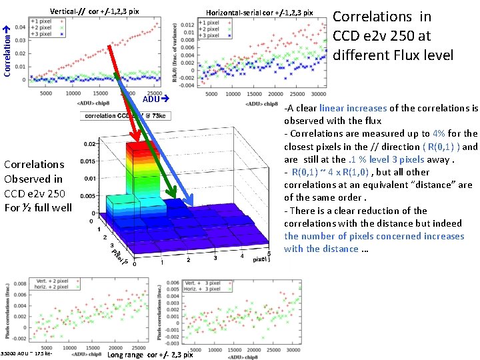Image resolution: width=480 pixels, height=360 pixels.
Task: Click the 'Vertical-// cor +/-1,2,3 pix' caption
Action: (95, 11)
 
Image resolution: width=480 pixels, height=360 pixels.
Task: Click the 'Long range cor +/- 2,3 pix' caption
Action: (150, 354)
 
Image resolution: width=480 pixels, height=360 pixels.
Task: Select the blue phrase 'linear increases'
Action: (353, 108)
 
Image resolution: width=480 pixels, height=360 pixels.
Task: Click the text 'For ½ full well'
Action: (38, 207)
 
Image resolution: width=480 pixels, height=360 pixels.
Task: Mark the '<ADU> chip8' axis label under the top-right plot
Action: (262, 103)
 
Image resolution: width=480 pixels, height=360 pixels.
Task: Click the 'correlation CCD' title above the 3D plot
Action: (109, 115)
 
